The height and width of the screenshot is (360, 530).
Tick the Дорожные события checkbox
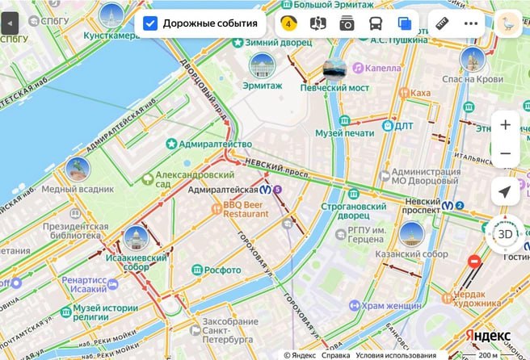[x=150, y=23]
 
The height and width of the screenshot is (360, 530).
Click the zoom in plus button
[x=505, y=125]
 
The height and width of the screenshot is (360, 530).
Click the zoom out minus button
[x=505, y=153]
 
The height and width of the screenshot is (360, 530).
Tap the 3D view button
[x=504, y=235]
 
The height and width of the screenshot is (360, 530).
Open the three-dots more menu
[x=471, y=23]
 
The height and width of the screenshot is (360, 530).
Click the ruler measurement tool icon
[x=440, y=23]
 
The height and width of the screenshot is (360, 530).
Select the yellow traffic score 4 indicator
[x=288, y=23]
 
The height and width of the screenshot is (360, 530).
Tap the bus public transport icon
[x=376, y=23]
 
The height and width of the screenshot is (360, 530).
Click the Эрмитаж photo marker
[x=262, y=65]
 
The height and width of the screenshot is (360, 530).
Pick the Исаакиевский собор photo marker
[x=136, y=239]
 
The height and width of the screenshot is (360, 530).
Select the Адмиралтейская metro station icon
[x=265, y=190]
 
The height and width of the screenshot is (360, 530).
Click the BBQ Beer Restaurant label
[x=246, y=210]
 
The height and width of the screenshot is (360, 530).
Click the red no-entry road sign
[x=475, y=262]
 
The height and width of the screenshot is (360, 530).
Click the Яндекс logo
[x=487, y=336]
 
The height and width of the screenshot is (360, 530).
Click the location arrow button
[x=505, y=192]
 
